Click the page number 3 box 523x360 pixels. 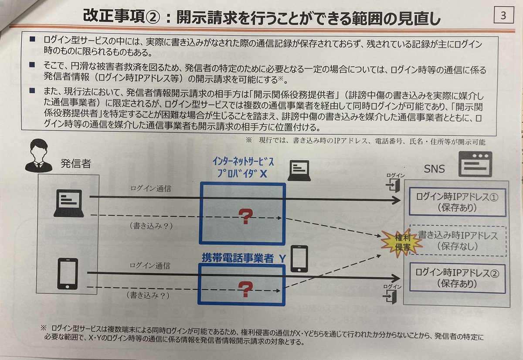point(503,16)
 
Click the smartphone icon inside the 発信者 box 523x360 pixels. point(68,274)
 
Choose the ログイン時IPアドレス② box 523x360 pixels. point(457,278)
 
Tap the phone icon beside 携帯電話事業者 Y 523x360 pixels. point(300,258)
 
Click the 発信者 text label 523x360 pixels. point(76,164)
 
